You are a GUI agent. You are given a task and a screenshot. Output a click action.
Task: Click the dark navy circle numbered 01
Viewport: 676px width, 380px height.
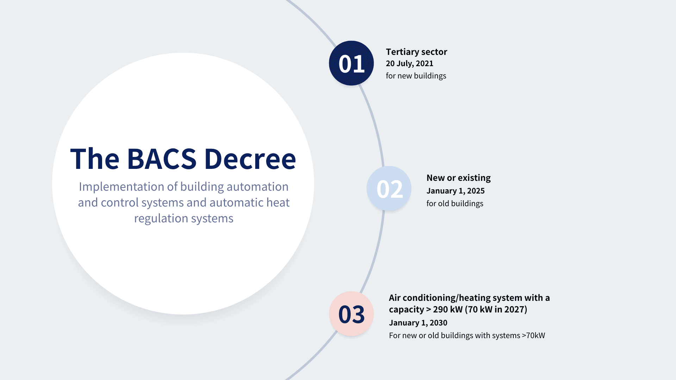point(351,63)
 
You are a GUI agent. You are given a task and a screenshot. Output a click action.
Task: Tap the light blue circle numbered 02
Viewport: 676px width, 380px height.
point(389,188)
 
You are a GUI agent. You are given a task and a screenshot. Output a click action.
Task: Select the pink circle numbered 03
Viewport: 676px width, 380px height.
point(351,313)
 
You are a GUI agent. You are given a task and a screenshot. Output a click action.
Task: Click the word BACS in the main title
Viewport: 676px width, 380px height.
point(162,159)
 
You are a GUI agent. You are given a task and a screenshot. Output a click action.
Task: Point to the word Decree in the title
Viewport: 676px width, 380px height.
point(250,159)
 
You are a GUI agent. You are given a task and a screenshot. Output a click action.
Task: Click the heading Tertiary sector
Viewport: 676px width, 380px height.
point(417,52)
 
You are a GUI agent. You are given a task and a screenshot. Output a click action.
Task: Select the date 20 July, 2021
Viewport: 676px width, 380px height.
point(409,64)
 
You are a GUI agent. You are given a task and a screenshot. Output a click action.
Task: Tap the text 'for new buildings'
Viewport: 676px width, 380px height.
point(416,76)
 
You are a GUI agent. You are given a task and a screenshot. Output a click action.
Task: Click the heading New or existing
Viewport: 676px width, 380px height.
point(458,178)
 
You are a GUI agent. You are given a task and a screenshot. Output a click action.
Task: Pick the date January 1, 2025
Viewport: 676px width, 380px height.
point(456,191)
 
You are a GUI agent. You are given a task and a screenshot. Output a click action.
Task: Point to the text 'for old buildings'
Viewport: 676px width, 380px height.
point(455,203)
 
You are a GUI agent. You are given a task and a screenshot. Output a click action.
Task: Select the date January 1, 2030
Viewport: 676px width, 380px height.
point(418,323)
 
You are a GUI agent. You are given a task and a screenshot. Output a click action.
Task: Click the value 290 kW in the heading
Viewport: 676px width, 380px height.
point(447,309)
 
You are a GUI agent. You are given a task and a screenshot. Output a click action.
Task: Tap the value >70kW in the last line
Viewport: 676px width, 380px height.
point(533,335)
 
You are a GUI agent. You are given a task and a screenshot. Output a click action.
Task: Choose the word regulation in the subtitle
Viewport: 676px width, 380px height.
point(161,218)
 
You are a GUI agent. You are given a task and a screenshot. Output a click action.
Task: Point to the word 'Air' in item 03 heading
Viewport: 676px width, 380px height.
point(395,298)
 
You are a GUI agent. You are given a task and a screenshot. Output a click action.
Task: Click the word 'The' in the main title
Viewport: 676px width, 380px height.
point(95,159)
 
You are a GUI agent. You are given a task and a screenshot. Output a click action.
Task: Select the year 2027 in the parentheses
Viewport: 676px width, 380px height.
point(514,309)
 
